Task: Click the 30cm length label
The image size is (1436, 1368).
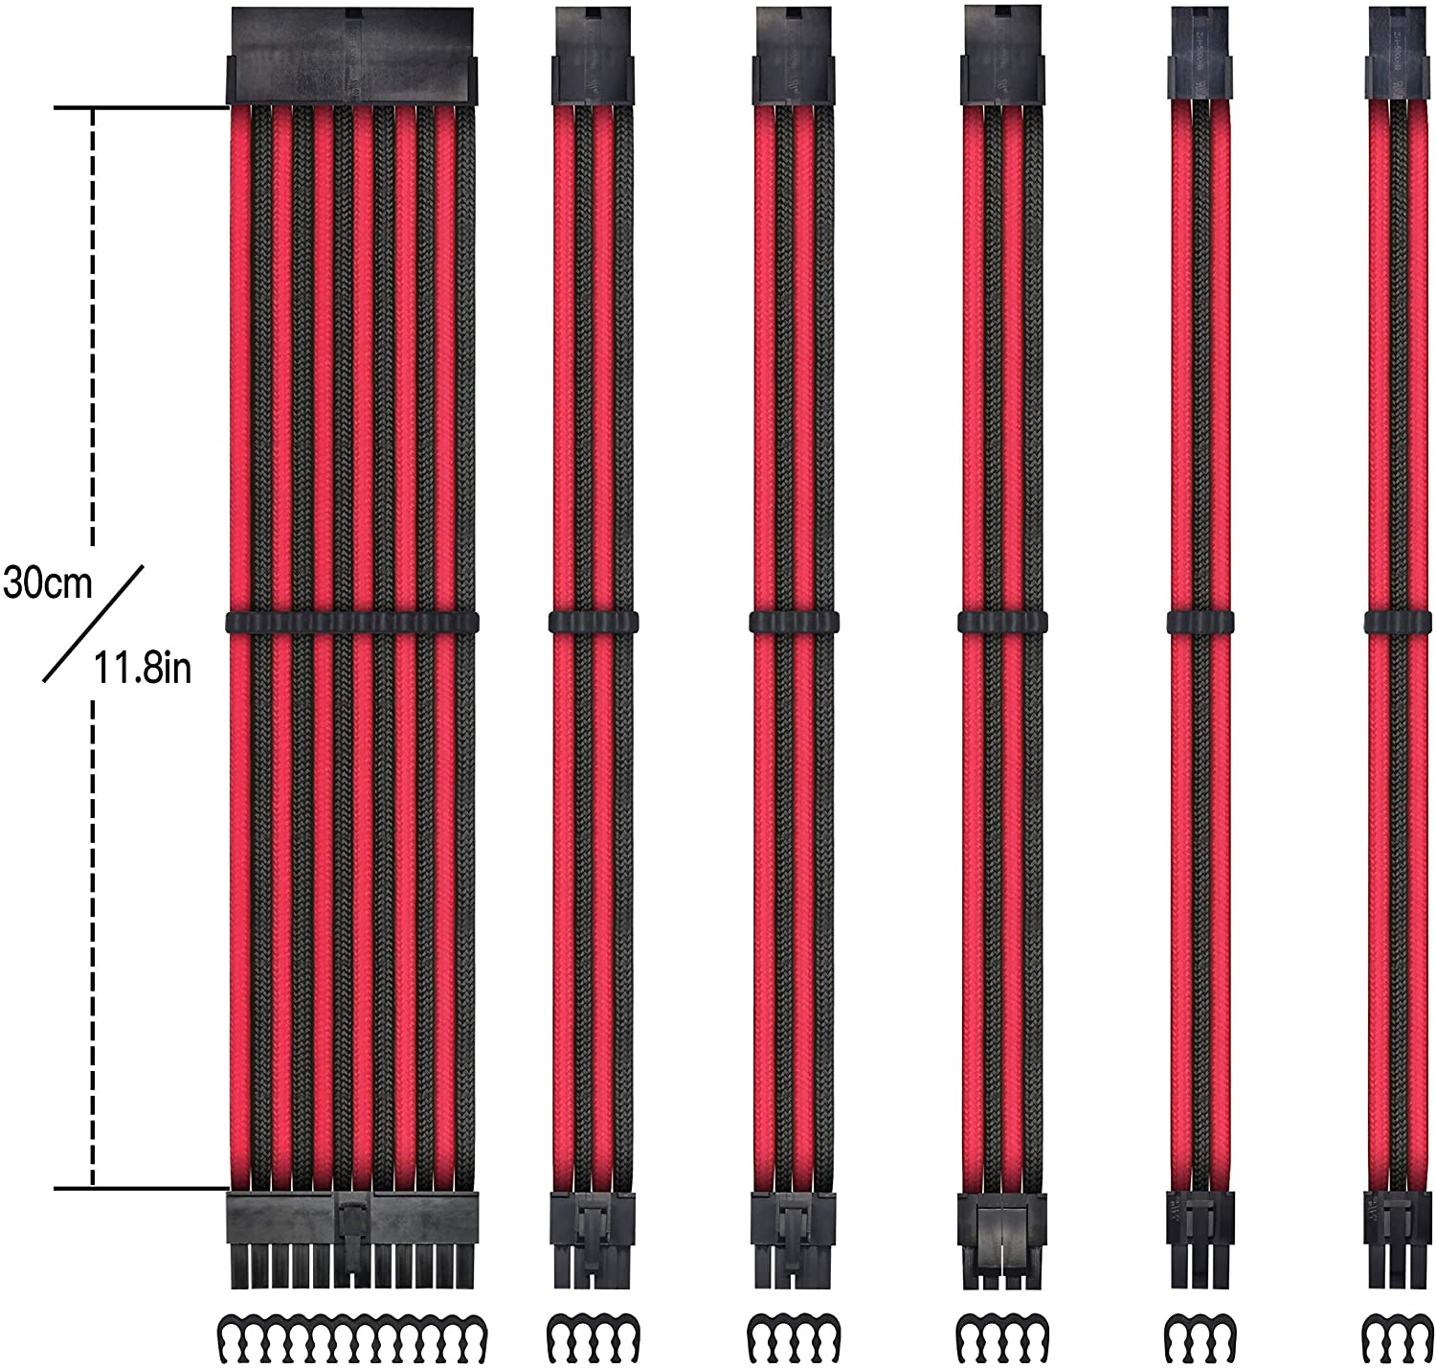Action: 48,581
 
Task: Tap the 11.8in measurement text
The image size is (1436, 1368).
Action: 142,667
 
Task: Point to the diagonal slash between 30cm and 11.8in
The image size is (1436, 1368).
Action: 93,624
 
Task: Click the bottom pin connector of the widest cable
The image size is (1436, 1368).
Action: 350,1235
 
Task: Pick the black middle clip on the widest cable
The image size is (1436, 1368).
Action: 350,623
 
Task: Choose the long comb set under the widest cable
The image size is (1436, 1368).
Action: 350,1333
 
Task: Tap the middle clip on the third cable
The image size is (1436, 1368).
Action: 794,622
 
